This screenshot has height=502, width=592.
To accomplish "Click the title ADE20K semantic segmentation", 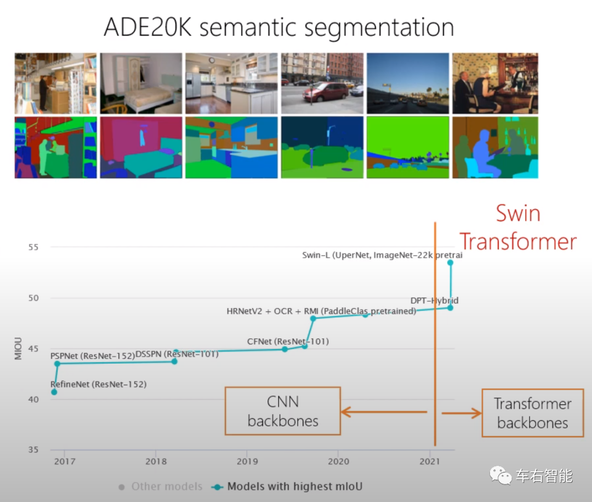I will pyautogui.click(x=278, y=27).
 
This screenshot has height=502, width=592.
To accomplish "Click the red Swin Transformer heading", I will pyautogui.click(x=517, y=227).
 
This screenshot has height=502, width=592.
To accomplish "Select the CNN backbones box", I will pyautogui.click(x=282, y=411).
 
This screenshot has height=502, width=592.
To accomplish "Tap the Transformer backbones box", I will pyautogui.click(x=532, y=413).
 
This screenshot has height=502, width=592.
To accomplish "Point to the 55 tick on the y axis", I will pyautogui.click(x=34, y=247).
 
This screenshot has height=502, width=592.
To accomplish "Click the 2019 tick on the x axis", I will pyautogui.click(x=247, y=461).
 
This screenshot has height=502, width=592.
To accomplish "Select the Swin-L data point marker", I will pyautogui.click(x=451, y=263).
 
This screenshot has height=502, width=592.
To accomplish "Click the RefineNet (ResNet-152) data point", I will pyautogui.click(x=54, y=392).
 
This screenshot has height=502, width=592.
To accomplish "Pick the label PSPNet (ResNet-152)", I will pyautogui.click(x=92, y=356).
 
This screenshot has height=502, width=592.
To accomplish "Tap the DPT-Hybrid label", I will pyautogui.click(x=434, y=301).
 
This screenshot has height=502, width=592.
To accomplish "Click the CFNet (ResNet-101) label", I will pyautogui.click(x=287, y=342).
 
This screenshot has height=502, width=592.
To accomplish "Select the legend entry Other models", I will pyautogui.click(x=160, y=486).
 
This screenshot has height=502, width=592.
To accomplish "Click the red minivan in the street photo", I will pyautogui.click(x=325, y=91).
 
